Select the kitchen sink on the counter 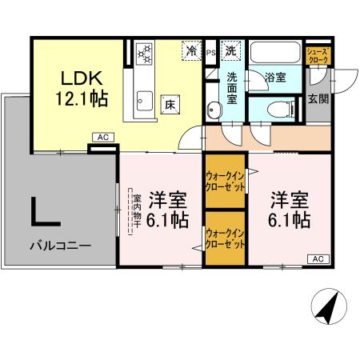pos(145,99)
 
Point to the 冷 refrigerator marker pos(191,50)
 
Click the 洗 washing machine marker pos(230,50)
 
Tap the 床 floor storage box pos(170,104)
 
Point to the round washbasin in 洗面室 pos(213,110)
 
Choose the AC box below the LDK pos(102,138)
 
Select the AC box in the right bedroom pos(317,258)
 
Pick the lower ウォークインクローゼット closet pos(225,238)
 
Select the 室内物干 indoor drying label pos(136,210)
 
